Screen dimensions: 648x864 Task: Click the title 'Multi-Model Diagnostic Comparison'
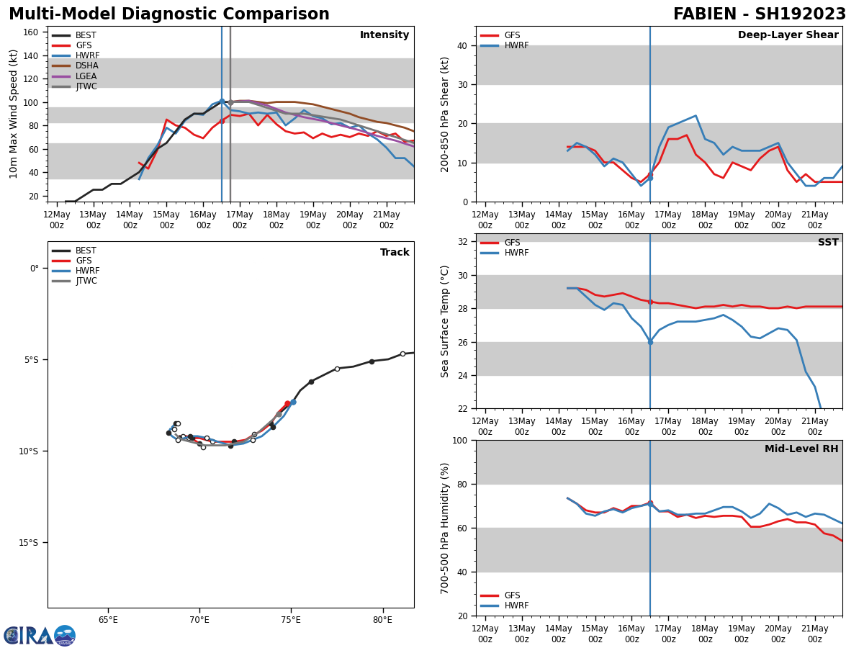tap(169, 14)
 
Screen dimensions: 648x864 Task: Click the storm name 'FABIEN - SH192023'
tap(760, 14)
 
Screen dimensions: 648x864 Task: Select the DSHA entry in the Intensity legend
tap(86, 66)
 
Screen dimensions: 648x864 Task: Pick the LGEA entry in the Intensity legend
tap(86, 76)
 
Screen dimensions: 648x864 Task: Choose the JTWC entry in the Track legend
tap(86, 281)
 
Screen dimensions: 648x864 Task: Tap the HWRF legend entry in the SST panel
tap(516, 253)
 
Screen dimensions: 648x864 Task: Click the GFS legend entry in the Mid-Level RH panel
tap(512, 595)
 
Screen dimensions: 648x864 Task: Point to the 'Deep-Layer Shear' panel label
tap(788, 35)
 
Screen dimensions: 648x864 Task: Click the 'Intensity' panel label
tap(384, 35)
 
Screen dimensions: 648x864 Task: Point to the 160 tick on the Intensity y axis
tap(32, 32)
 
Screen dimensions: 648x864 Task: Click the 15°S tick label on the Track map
tap(28, 543)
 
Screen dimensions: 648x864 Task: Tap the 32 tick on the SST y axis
tap(462, 242)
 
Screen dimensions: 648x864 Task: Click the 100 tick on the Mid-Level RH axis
tap(459, 441)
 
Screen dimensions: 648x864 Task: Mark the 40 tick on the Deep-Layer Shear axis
tap(462, 46)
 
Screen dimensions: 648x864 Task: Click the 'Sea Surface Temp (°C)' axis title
tap(446, 321)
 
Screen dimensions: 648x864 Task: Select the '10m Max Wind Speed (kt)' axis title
tap(14, 114)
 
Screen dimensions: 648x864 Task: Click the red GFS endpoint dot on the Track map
tap(287, 404)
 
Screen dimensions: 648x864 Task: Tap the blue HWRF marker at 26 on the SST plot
tap(650, 342)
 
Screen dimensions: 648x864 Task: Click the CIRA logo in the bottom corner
tap(40, 636)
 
